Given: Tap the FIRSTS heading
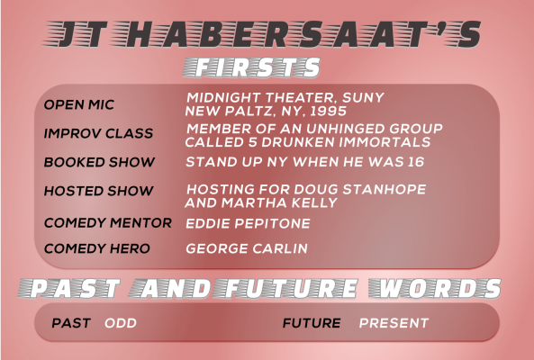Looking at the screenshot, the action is (251, 67).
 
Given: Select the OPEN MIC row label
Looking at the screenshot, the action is (79, 104).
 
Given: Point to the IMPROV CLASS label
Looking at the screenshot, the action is (98, 133).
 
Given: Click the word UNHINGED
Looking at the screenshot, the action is (345, 129).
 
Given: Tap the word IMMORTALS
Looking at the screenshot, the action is (385, 142).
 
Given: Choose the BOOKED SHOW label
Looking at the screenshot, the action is (99, 162).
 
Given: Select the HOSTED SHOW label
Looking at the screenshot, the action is (98, 191).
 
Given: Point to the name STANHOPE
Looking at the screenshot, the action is (385, 189).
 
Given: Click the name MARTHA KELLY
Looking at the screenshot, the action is (279, 202).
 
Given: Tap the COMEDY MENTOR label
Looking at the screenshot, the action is (108, 223).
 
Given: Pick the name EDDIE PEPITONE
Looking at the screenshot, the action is (248, 223).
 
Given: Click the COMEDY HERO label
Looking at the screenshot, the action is (96, 248).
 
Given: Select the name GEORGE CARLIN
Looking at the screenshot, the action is (247, 248).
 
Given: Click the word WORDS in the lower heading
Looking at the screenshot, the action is (435, 288).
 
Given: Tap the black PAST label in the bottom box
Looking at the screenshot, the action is (71, 323).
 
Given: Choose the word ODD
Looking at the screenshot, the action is (121, 323).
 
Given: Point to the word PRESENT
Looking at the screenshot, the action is (394, 323).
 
